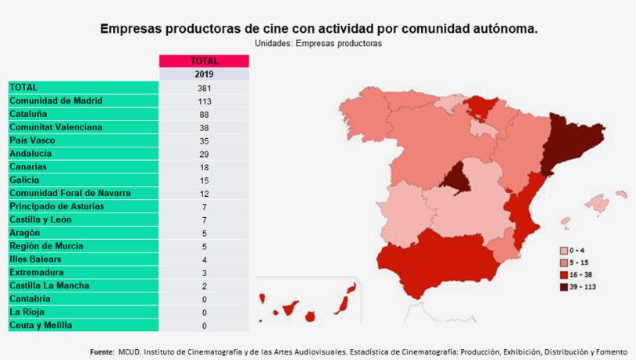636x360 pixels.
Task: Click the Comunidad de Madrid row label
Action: [56, 100]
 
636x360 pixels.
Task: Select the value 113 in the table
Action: [204, 100]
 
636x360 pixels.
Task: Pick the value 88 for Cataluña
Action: [204, 114]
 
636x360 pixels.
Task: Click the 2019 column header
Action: [204, 75]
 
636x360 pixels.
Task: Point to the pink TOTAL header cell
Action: [204, 61]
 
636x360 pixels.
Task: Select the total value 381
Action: [204, 88]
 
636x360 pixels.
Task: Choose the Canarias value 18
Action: [204, 167]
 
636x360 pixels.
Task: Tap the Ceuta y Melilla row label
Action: [40, 325]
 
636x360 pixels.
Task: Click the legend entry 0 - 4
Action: [576, 249]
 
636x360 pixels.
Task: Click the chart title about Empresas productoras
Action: [318, 29]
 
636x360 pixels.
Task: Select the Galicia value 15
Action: [204, 180]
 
